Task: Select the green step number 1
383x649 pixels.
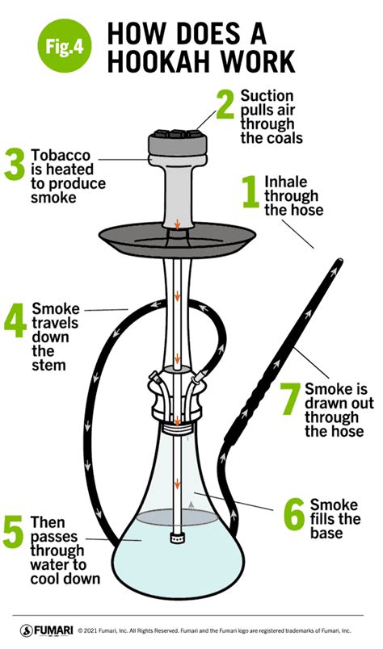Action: tap(251, 195)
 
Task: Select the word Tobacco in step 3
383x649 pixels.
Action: tap(59, 153)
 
